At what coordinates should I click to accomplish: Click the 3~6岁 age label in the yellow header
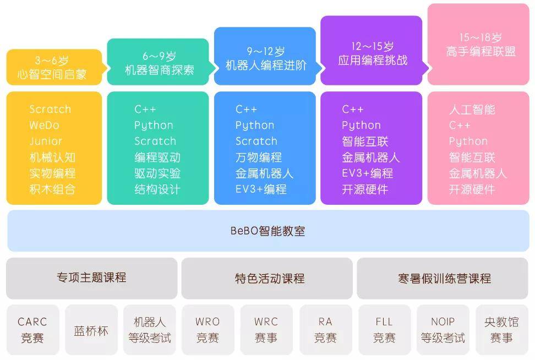(x=52, y=61)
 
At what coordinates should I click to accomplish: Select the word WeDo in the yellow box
(x=45, y=126)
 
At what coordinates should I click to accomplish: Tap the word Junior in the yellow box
(x=46, y=141)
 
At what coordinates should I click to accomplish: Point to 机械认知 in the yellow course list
(x=52, y=157)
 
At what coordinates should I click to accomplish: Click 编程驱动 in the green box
(x=157, y=157)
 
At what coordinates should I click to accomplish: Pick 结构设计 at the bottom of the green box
(x=157, y=189)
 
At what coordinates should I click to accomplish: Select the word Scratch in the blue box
(x=256, y=141)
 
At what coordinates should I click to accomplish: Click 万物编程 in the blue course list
(x=259, y=157)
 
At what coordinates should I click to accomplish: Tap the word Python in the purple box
(x=361, y=126)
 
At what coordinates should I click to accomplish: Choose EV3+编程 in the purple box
(x=368, y=173)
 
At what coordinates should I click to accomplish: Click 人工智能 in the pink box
(x=472, y=110)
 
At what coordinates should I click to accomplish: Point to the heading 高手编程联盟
(x=481, y=52)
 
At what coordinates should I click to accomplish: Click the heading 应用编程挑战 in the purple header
(x=373, y=61)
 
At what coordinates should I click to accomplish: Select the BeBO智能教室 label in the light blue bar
(x=268, y=231)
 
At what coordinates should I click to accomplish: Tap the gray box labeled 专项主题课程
(x=92, y=278)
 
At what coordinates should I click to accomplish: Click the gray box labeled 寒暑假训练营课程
(x=443, y=278)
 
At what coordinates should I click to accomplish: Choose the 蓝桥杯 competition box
(x=91, y=330)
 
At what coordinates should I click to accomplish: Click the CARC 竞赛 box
(x=32, y=330)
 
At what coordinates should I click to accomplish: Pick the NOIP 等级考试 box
(x=443, y=330)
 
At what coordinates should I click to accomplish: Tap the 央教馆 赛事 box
(x=501, y=330)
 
